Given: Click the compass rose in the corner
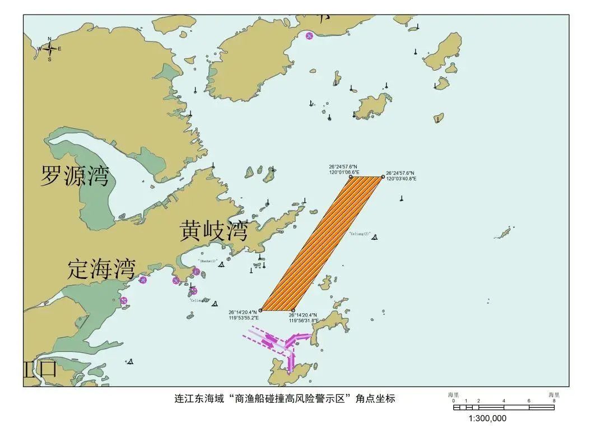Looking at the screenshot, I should [49, 49].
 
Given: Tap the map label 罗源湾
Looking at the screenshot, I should [75, 176].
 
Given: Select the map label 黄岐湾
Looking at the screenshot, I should [213, 230].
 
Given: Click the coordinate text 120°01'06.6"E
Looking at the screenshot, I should [345, 173].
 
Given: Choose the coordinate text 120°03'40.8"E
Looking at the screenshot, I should [401, 179].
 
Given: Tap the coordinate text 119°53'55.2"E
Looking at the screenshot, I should [243, 318].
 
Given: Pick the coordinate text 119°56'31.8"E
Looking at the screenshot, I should [304, 320].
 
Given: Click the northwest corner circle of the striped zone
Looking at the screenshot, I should [351, 177].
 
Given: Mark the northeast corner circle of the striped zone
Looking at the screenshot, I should [383, 177].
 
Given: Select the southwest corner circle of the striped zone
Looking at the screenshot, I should [260, 310].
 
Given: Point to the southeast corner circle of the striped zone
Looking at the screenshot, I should [293, 310].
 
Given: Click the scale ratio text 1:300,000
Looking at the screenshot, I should [487, 418].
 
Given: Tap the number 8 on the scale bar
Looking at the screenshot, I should [554, 401].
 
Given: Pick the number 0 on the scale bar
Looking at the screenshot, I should [454, 401].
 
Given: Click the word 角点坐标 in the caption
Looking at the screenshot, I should [376, 399].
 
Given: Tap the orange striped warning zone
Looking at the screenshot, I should [322, 244].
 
